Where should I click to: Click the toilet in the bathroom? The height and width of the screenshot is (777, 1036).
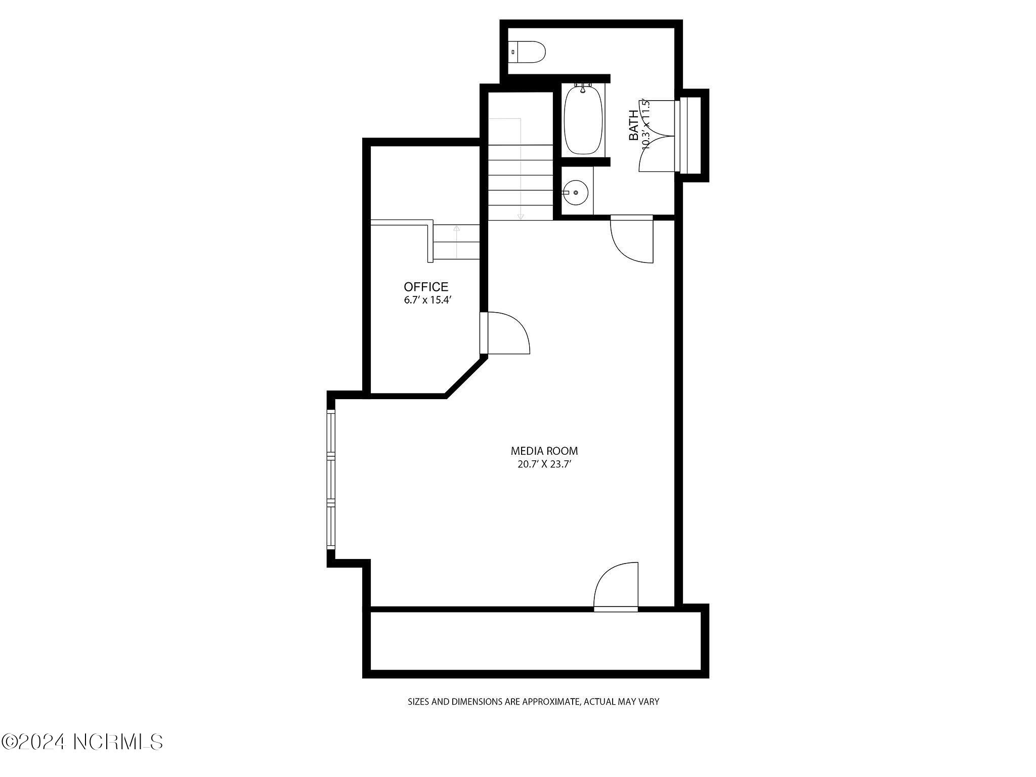pyautogui.click(x=527, y=52)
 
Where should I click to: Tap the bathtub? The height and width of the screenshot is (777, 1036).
pyautogui.click(x=583, y=121)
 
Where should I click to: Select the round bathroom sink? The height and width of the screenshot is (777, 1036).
pyautogui.click(x=575, y=193)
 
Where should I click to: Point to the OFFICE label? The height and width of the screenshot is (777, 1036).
pyautogui.click(x=426, y=287)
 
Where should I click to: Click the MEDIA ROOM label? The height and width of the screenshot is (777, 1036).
pyautogui.click(x=544, y=451)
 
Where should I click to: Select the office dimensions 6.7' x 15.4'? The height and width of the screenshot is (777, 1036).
pyautogui.click(x=427, y=300)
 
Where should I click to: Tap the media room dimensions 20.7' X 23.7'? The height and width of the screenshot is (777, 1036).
pyautogui.click(x=544, y=464)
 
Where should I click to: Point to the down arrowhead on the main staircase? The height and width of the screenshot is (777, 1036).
pyautogui.click(x=521, y=217)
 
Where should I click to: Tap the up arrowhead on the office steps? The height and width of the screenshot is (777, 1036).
pyautogui.click(x=456, y=229)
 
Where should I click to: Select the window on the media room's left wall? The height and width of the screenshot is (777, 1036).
pyautogui.click(x=331, y=480)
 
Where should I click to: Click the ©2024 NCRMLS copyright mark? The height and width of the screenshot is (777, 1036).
pyautogui.click(x=82, y=742)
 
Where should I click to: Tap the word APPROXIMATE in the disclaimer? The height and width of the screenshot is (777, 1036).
pyautogui.click(x=551, y=702)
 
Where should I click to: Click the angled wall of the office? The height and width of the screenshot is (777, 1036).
pyautogui.click(x=465, y=376)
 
